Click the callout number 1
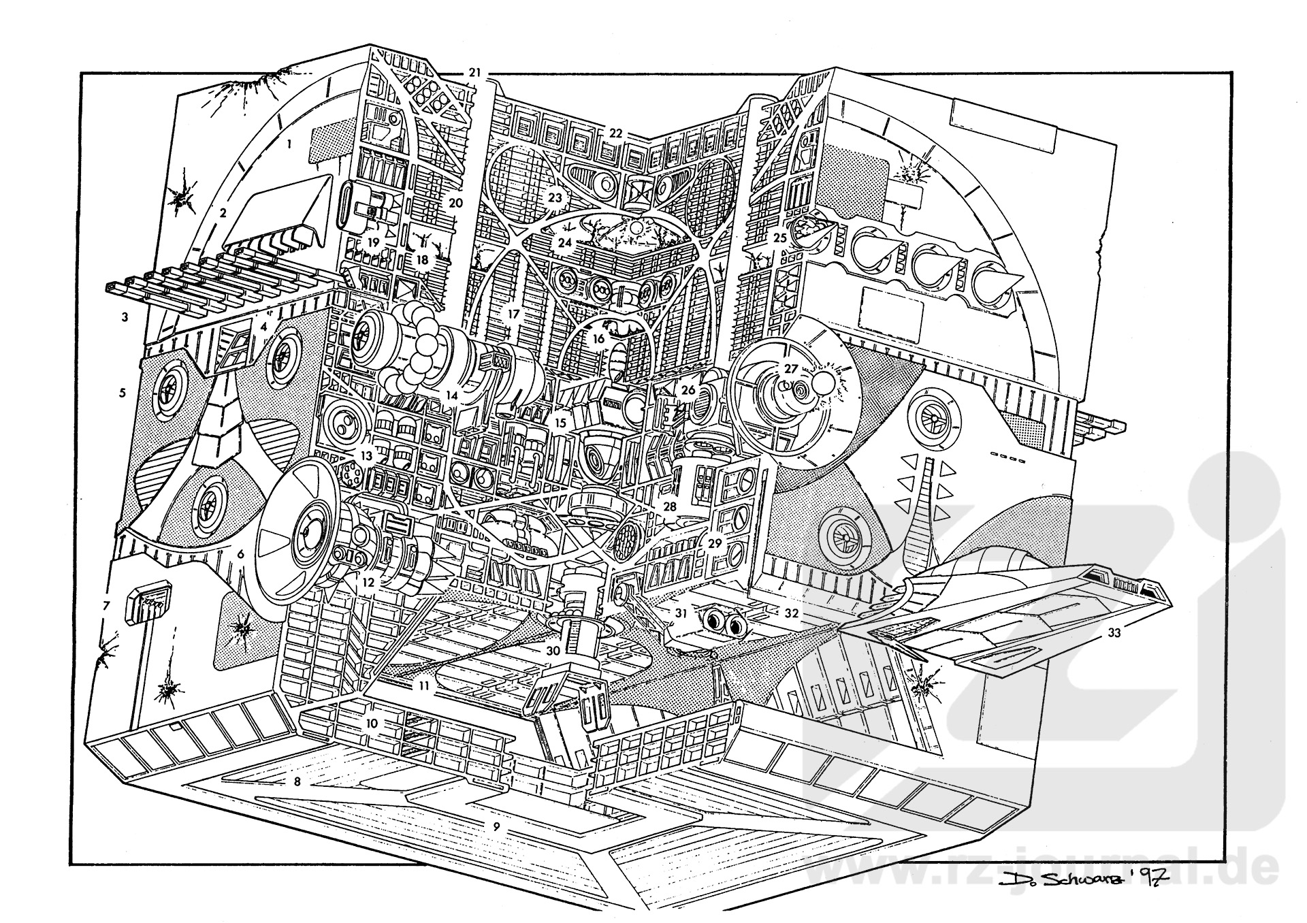point(290,144)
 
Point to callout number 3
point(125,317)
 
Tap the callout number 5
point(123,393)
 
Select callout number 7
point(106,605)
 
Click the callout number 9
point(497,826)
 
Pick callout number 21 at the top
point(474,73)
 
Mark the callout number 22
point(615,133)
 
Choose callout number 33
point(1114,633)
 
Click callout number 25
point(779,238)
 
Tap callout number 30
point(553,651)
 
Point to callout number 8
point(297,781)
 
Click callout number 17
point(513,314)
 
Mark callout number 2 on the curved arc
point(223,213)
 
